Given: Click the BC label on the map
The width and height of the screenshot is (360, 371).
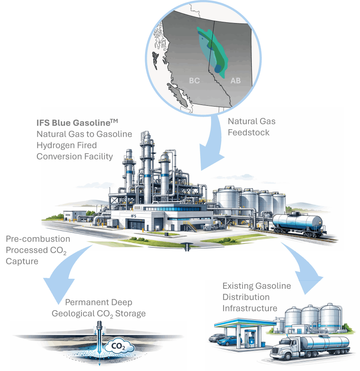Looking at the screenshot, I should coord(194,81).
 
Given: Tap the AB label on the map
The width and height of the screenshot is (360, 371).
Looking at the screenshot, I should coord(236,81).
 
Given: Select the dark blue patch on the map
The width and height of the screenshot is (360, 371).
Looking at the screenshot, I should coord(217,67).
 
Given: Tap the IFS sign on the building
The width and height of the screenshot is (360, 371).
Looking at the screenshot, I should coord(134,216).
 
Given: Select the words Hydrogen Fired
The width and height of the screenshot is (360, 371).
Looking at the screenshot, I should coord(66,145).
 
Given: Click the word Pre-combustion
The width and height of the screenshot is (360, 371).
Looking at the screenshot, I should coord(38,239).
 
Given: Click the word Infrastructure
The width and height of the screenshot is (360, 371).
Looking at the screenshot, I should coord(250,308).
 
